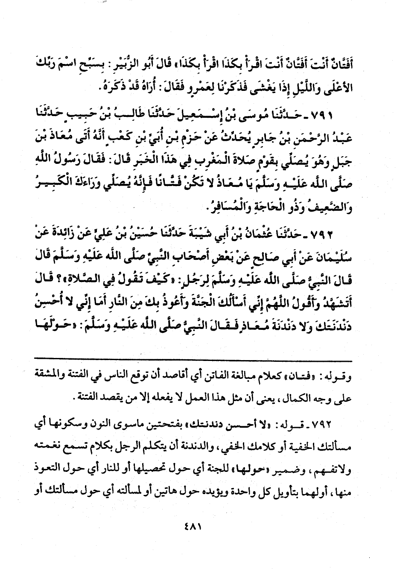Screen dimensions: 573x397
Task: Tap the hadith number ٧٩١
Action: point(350,116)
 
